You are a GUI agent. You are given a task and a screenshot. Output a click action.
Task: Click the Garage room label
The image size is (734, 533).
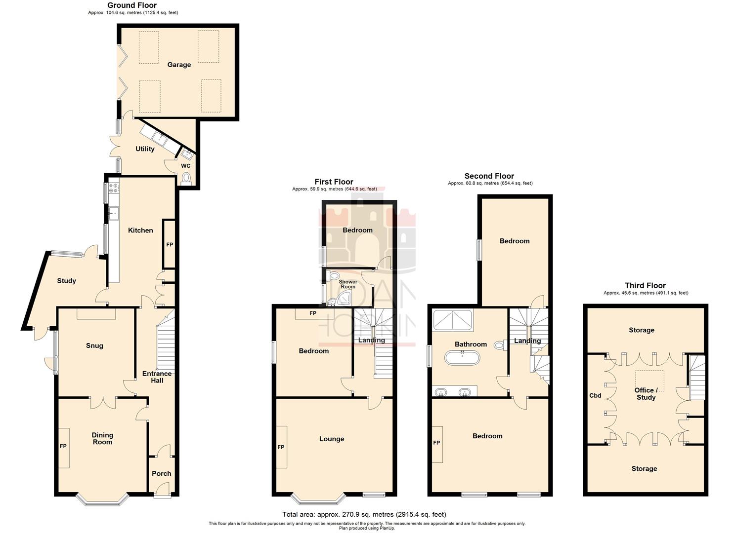(179, 65)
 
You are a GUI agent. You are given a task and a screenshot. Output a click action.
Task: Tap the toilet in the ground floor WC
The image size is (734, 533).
(186, 178)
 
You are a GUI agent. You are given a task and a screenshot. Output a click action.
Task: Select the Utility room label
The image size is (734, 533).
(145, 149)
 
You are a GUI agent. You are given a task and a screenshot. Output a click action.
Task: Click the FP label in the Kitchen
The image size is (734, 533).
(170, 244)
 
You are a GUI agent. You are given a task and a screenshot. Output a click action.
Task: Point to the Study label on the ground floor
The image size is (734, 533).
(66, 281)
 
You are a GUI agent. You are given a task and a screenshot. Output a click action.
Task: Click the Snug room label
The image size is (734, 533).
(94, 345)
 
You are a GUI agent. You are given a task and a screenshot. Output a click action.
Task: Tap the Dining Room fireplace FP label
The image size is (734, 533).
(63, 446)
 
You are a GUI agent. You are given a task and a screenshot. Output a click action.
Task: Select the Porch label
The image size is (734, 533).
(161, 473)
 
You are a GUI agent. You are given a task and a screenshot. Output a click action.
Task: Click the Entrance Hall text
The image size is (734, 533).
(157, 377)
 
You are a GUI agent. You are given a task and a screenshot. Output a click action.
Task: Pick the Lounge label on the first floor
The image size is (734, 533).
(332, 439)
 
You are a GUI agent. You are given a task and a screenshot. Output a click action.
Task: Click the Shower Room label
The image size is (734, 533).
(348, 284)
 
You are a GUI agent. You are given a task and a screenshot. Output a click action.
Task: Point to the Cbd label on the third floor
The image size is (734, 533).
(595, 395)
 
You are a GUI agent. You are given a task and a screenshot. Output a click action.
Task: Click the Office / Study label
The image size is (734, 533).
(646, 393)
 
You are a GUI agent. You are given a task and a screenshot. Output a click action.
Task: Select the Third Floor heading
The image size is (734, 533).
(645, 285)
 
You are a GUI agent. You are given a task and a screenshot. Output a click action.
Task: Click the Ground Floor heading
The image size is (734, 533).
(132, 5)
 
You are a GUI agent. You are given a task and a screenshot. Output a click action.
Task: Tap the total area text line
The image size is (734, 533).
(364, 514)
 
